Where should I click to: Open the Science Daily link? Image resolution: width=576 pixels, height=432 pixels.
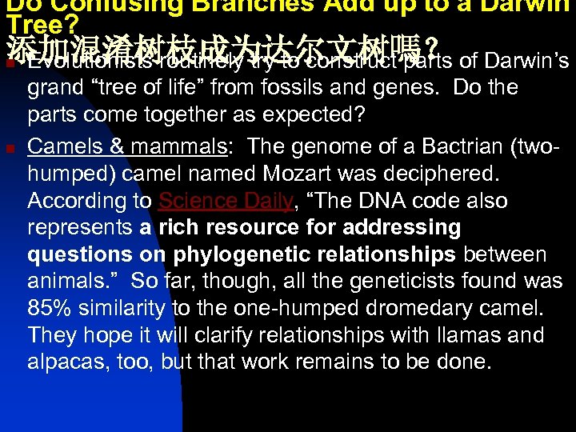226,200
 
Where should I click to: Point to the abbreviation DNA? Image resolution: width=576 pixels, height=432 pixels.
382,200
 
